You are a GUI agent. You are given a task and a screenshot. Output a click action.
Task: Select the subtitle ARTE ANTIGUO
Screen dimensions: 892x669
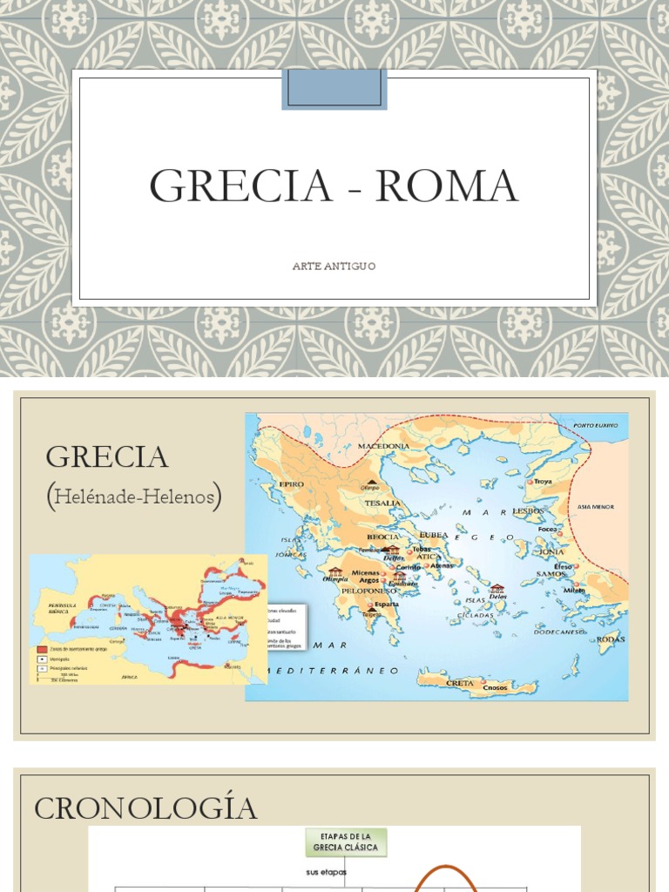coord(334,266)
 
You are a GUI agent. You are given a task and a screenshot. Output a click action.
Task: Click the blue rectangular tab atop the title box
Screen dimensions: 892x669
coord(334,90)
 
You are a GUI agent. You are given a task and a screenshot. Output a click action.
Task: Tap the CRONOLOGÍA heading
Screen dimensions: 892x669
coord(145,808)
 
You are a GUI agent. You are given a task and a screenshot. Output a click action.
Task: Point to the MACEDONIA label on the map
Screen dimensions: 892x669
coord(383,446)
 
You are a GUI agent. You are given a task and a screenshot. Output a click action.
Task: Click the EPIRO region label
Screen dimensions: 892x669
coord(291,482)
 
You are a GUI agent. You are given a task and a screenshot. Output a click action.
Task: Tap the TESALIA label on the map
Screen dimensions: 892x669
coord(383,503)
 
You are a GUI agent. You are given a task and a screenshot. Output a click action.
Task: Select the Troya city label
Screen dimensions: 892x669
coord(543,482)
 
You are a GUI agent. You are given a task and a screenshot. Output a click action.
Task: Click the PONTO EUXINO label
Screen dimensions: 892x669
coord(595,425)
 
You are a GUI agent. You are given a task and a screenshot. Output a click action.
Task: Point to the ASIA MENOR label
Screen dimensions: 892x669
coord(596,506)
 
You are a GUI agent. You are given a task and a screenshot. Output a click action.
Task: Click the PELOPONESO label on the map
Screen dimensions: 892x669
coord(370,590)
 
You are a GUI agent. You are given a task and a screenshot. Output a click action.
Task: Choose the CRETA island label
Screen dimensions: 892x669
coord(460,683)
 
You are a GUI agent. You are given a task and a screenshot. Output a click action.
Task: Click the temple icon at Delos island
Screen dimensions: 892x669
coord(497,589)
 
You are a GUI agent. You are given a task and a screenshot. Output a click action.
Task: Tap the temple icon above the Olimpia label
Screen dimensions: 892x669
coord(334,571)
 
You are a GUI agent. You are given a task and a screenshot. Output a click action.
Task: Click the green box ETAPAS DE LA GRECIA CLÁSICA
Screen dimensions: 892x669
coord(347,842)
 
